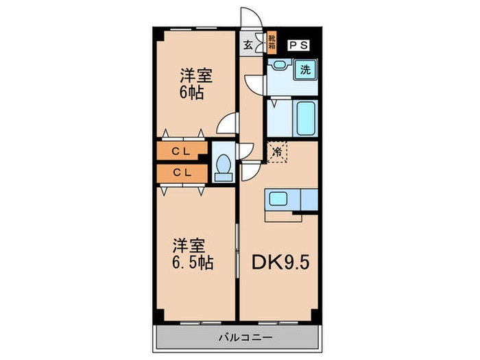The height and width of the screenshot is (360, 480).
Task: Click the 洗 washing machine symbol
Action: point(305,69)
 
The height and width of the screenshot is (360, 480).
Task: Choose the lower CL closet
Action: point(182,173)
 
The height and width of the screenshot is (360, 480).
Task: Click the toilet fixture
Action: point(224,165)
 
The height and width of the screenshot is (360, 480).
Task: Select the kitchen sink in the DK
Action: point(278,200)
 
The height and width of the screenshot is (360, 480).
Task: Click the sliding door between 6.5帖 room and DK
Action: point(238,254)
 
